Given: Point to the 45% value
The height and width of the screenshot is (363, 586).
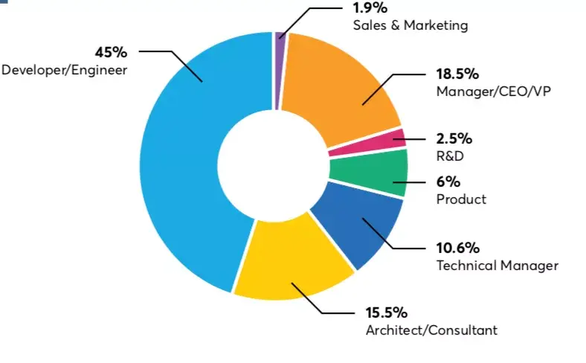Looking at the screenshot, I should (x=111, y=52).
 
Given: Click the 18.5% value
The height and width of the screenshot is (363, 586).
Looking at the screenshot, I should (x=457, y=74).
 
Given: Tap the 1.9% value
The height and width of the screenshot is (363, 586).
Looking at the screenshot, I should (x=370, y=9).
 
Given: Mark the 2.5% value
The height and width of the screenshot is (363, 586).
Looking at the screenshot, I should (x=454, y=138).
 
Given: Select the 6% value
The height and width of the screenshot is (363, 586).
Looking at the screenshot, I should (x=448, y=181).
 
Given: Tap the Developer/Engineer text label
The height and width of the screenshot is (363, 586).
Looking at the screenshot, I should (x=65, y=70).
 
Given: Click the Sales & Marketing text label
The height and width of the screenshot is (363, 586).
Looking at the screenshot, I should (x=410, y=26).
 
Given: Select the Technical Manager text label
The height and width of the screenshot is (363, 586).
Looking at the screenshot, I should (x=497, y=266).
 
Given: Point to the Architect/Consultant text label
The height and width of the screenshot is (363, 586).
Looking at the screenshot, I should (x=431, y=330).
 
